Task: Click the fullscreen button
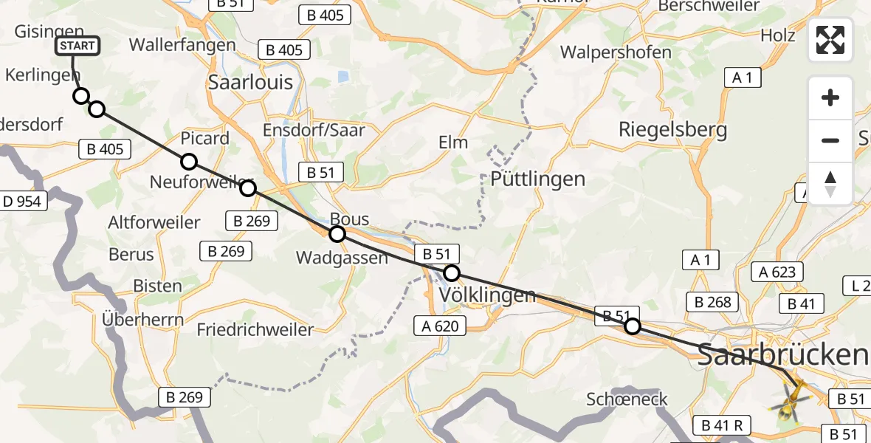pos(830,40)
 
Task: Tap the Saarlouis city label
pos(250,82)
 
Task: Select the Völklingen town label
pos(487,295)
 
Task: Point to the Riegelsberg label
pos(672,130)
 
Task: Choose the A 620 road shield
pos(441,325)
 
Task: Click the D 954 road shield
pos(24,201)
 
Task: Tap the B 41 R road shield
pos(722,425)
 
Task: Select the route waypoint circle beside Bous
pos(337,234)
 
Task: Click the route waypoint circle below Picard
pos(189,162)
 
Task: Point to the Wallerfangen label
pos(182,45)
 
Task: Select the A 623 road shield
pos(777,272)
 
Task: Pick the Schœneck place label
pos(627,399)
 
